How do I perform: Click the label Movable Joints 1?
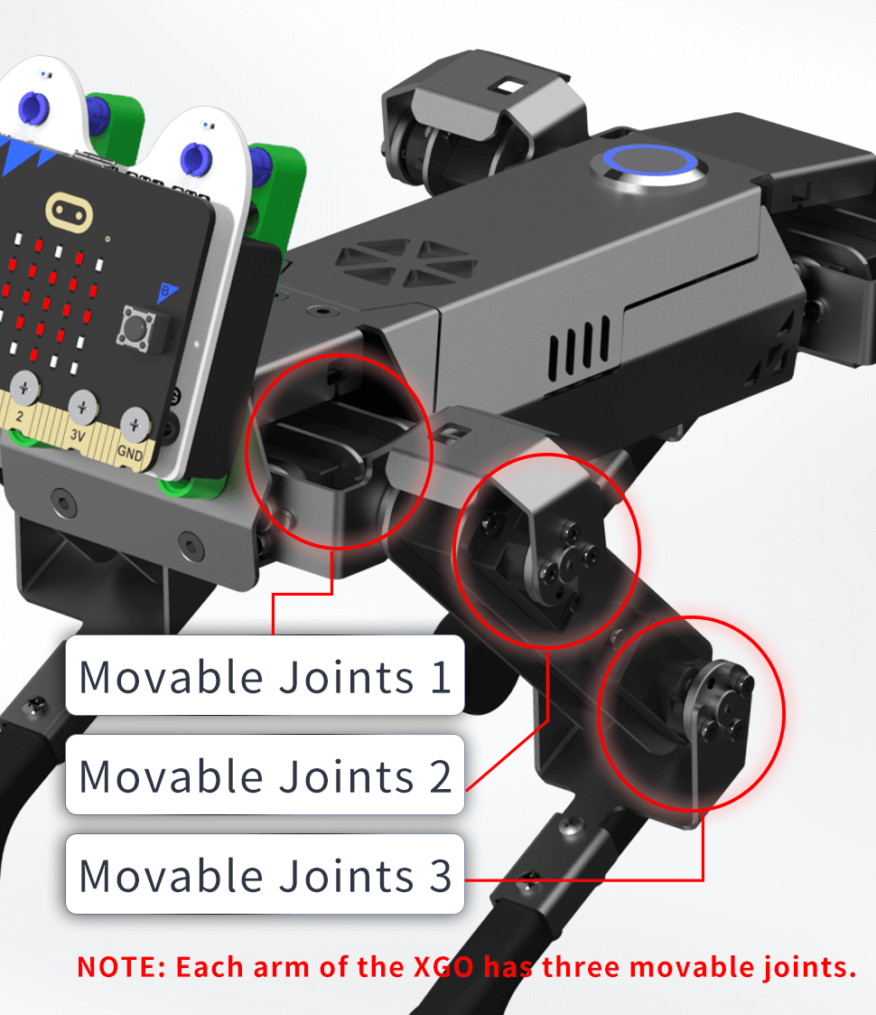point(265,676)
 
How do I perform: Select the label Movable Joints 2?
point(265,775)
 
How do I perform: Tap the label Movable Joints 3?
point(265,875)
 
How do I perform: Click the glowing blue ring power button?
point(650,162)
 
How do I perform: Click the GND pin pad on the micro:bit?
point(134,426)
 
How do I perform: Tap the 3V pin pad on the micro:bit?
point(82,408)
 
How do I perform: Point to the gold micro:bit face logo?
point(69,211)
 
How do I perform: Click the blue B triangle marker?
point(167,292)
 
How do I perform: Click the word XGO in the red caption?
point(443,967)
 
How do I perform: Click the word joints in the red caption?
point(809,968)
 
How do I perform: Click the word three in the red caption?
point(582,967)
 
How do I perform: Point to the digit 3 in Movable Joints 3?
point(441,876)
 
